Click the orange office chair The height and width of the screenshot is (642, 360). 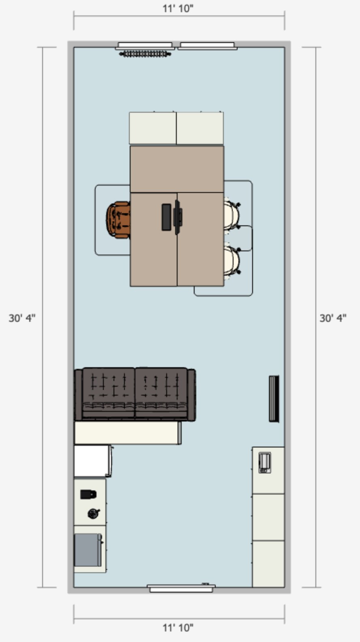(118, 220)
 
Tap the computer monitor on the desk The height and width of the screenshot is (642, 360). (178, 217)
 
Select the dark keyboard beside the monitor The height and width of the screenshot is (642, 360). (166, 217)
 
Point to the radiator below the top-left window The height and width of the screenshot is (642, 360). (145, 54)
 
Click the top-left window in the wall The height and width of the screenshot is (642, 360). (145, 46)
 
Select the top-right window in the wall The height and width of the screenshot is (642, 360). (207, 46)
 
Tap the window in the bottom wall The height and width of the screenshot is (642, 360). (181, 588)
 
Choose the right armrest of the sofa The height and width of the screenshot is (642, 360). (192, 395)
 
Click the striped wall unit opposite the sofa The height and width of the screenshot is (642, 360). (274, 399)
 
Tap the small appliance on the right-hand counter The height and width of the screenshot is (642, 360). (265, 462)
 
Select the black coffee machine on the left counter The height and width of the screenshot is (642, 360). (88, 494)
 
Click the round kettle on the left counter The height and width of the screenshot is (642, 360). (93, 513)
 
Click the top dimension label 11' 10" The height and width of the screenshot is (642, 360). (178, 9)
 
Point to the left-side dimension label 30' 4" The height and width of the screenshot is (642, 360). (22, 318)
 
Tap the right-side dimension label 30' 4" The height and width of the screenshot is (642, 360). (333, 318)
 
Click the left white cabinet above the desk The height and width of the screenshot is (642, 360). (153, 128)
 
